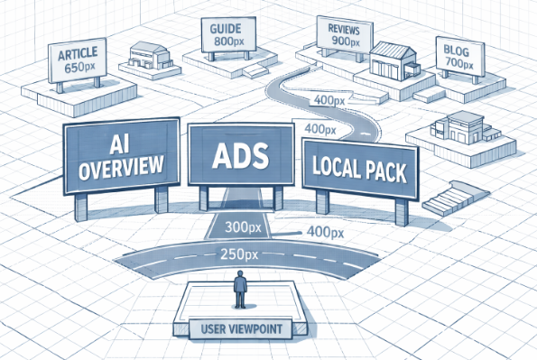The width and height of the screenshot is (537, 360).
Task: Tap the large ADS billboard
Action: click(x=241, y=154)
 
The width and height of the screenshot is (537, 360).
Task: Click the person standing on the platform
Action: click(x=241, y=288)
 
